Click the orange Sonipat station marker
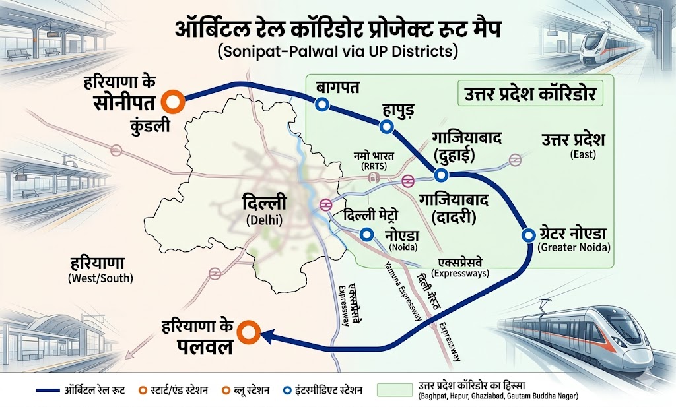(x=175, y=101)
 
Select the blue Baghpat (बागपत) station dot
(x=322, y=104)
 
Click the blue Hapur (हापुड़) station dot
(x=388, y=126)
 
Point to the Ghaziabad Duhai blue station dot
(x=440, y=175)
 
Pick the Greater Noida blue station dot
(x=527, y=235)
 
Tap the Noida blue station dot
(x=366, y=234)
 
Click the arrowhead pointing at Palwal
(x=267, y=337)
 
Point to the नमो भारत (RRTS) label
(x=374, y=160)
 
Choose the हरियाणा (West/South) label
(x=100, y=267)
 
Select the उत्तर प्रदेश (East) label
(x=573, y=144)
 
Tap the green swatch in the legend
(x=393, y=391)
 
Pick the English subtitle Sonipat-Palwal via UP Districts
(x=338, y=51)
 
